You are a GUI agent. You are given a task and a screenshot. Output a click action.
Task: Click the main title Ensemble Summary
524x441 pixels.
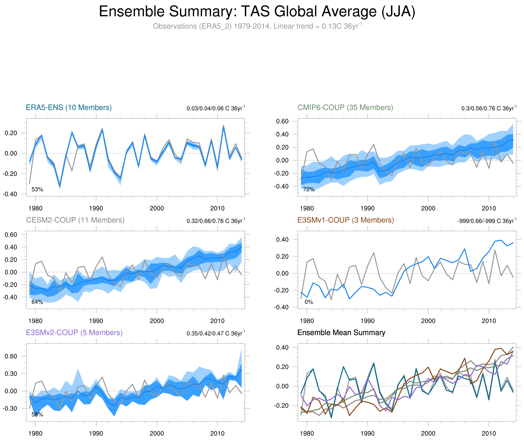click(257, 12)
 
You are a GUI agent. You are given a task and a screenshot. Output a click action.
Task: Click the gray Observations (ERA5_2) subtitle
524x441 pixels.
click(257, 26)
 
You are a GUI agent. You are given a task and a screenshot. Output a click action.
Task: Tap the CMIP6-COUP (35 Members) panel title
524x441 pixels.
click(345, 108)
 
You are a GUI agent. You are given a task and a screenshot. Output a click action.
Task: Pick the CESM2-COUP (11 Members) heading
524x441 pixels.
click(75, 220)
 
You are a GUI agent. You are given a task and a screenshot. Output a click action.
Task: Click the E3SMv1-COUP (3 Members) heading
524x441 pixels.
click(345, 220)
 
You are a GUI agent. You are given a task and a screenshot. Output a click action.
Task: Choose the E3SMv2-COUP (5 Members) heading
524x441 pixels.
click(74, 333)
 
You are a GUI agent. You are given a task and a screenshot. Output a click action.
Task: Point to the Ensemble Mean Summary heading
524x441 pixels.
click(341, 333)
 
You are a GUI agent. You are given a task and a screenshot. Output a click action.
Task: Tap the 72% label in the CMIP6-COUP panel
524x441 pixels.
click(309, 189)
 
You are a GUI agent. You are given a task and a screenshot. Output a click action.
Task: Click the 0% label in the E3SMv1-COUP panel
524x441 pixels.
click(309, 302)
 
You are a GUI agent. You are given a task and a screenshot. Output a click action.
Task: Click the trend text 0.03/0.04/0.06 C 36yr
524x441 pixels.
click(215, 108)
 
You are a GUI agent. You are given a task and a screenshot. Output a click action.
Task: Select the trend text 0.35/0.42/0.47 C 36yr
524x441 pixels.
click(215, 333)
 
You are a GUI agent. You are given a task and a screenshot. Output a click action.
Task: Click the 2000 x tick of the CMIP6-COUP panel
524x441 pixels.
click(428, 208)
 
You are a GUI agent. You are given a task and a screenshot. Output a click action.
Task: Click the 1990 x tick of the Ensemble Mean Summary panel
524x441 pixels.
click(367, 433)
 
